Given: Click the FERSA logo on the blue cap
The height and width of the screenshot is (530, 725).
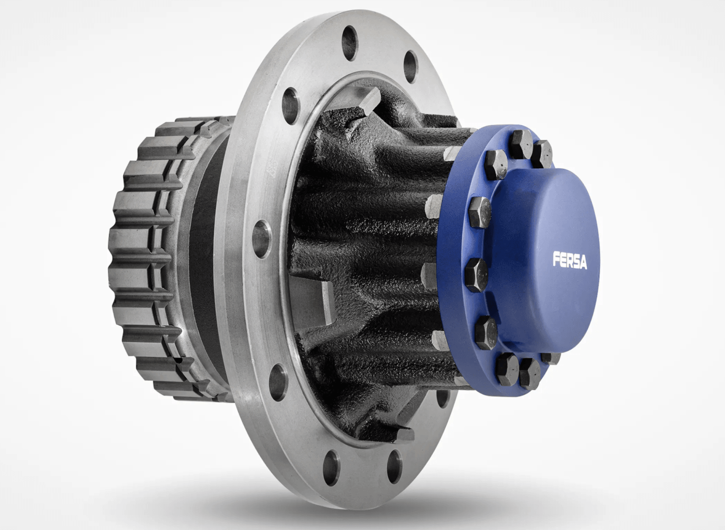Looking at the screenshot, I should point(570,260).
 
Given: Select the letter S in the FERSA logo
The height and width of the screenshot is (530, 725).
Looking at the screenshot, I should point(575,261).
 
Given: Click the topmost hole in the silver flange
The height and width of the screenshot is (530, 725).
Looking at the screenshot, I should point(350,36).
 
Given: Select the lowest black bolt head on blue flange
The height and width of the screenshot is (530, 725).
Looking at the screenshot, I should point(530,374).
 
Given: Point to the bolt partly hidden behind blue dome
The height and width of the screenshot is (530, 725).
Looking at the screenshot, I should point(551,357).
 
